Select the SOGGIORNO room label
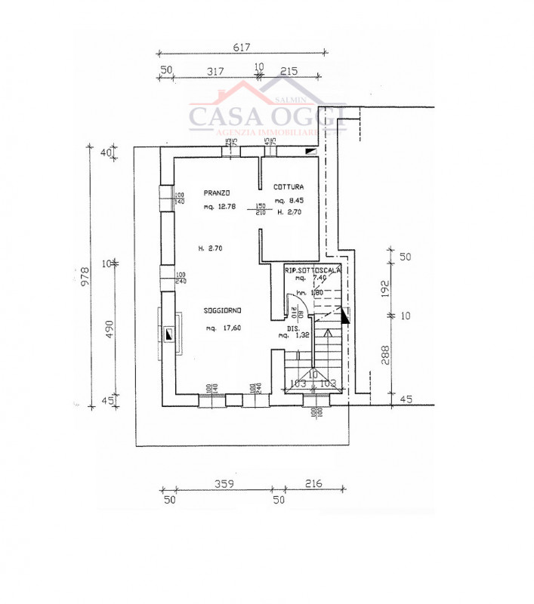click(222, 311)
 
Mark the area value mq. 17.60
click(223, 328)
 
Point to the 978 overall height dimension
click(85, 271)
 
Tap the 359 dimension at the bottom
click(222, 484)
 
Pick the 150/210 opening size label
click(261, 209)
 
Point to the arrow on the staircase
click(328, 332)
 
